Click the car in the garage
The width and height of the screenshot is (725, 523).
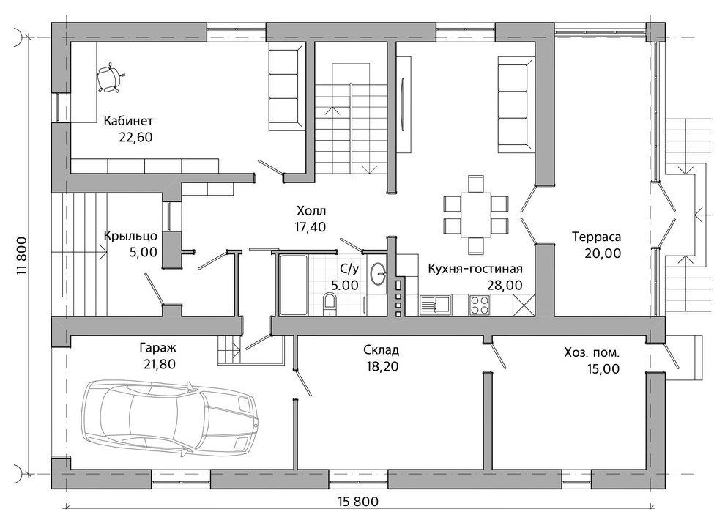[169, 418]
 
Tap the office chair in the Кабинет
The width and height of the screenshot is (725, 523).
[110, 78]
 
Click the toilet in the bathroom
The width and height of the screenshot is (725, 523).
[330, 303]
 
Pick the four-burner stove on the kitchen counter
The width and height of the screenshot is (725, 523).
[480, 305]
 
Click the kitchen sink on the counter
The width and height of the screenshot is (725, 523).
[436, 305]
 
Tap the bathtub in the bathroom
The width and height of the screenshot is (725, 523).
[293, 284]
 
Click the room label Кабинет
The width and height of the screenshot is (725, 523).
[128, 121]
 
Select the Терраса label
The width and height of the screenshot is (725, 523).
[596, 237]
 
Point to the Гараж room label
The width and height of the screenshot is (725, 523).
[157, 348]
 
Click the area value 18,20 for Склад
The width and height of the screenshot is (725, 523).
[382, 366]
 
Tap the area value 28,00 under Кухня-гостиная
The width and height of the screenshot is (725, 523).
[505, 286]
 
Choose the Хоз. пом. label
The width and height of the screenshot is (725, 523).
[592, 353]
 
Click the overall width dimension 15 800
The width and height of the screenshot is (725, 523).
[358, 502]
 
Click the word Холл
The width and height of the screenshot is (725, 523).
[311, 211]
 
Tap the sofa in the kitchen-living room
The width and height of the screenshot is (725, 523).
[515, 105]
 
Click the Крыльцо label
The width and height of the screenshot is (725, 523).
[130, 237]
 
